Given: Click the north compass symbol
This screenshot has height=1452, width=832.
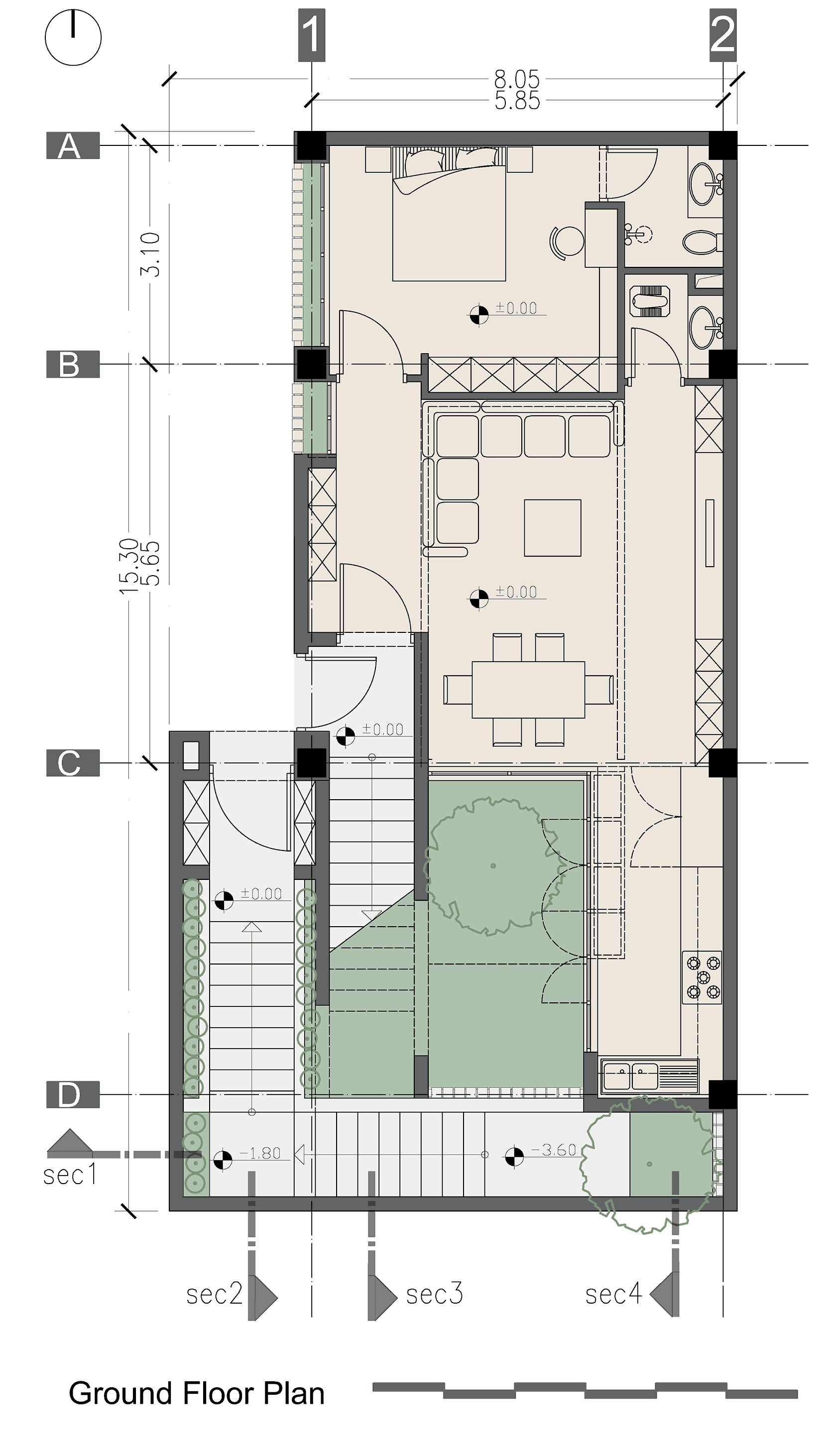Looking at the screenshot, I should point(73,38).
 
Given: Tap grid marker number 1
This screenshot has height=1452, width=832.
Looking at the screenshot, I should point(311,35).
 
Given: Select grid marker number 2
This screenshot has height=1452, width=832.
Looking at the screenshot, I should point(722,35).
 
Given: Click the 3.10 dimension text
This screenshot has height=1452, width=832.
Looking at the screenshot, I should point(151,255).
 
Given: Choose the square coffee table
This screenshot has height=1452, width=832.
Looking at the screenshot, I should point(553,528).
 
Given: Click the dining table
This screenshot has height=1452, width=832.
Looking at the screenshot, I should point(528,690).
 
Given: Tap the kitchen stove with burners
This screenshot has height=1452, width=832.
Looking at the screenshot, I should point(702,977).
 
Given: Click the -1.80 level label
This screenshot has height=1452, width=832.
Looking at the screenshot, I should point(260,1153).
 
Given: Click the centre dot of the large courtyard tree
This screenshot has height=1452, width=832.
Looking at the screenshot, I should point(493,866).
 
